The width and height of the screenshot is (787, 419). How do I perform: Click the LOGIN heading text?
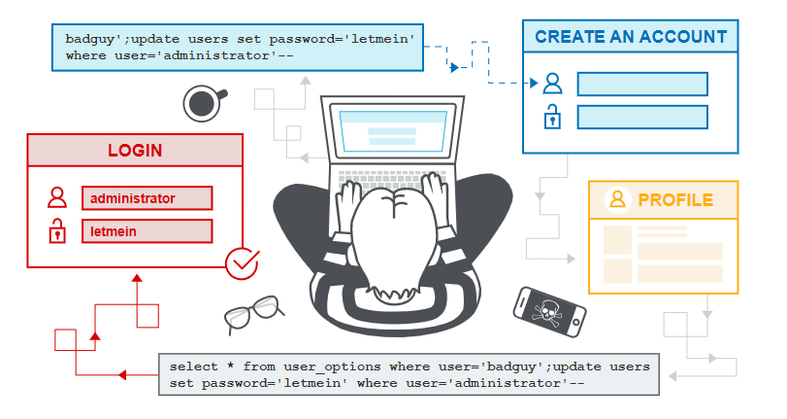[x=135, y=151]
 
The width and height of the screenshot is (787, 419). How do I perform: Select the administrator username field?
[x=148, y=198]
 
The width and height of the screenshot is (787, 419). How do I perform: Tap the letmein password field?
[x=148, y=231]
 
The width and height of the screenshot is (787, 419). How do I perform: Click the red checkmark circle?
[x=242, y=263]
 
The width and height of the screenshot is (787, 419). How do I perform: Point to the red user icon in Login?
[x=57, y=197]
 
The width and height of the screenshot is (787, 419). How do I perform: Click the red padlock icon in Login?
[x=57, y=231]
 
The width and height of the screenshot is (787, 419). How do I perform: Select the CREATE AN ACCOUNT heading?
[x=631, y=37]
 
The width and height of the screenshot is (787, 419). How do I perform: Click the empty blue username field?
[x=642, y=84]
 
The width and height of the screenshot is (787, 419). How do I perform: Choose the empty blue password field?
[x=642, y=118]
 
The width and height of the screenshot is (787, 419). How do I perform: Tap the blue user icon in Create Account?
[x=552, y=84]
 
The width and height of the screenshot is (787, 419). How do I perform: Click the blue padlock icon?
[x=552, y=117]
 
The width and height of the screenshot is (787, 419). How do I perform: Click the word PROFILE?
[x=675, y=200]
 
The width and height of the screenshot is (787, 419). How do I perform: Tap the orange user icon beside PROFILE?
[x=617, y=199]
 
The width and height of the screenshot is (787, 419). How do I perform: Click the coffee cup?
[x=203, y=103]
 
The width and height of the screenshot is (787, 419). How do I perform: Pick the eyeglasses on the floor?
[x=252, y=313]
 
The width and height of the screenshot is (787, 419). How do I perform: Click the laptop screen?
[x=392, y=130]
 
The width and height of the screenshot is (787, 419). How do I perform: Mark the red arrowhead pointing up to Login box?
[x=137, y=278]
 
